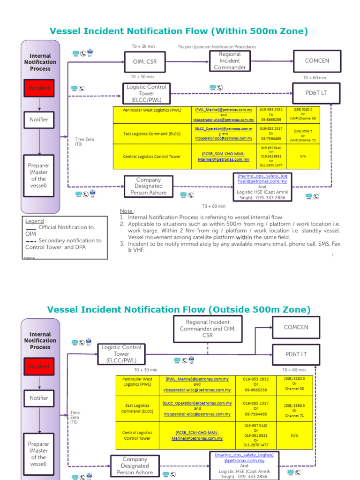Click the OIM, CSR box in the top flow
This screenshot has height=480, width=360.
(x=145, y=61)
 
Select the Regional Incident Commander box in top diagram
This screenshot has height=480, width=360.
(x=230, y=61)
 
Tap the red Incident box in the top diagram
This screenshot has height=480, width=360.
(x=39, y=88)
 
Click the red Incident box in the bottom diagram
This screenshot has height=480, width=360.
(x=39, y=367)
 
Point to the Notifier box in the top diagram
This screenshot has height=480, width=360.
(x=39, y=120)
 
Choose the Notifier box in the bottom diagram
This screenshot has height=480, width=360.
(x=39, y=398)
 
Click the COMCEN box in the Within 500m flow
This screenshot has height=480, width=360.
(x=317, y=61)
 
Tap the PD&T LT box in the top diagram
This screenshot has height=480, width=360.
(x=316, y=93)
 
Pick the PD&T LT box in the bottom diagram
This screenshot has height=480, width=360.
(x=296, y=354)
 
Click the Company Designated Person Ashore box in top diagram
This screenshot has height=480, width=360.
(x=148, y=186)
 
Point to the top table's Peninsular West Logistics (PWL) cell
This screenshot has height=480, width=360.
(x=152, y=110)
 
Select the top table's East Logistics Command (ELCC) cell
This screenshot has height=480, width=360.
(x=152, y=134)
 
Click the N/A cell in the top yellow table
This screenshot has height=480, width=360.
(x=303, y=157)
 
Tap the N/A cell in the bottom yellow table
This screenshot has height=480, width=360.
(x=294, y=435)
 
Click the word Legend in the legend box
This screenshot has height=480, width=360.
(x=35, y=221)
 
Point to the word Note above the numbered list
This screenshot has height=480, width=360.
(x=126, y=211)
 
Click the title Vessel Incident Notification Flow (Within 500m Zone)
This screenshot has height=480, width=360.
(x=179, y=31)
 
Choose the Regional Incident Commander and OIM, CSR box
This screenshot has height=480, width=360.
(x=208, y=329)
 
